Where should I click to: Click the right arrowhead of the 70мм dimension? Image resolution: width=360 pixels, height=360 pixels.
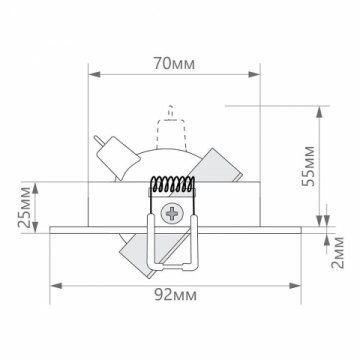[x=257, y=72]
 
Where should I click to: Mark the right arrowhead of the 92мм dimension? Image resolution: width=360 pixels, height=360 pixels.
[x=303, y=282]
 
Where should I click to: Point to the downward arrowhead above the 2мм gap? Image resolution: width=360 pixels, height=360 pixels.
[x=322, y=222]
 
